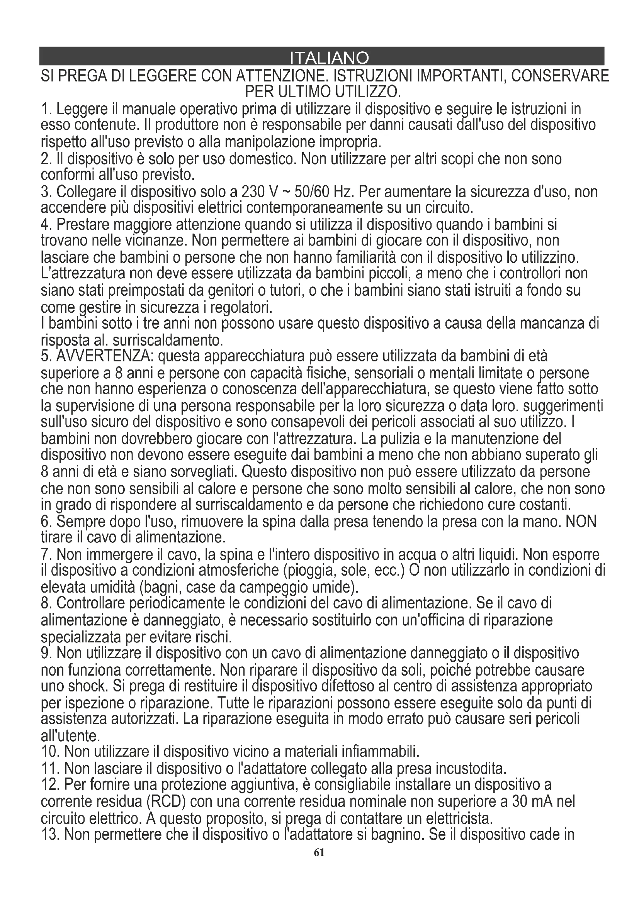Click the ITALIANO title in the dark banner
pyautogui.click(x=329, y=59)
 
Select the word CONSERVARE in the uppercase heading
pyautogui.click(x=555, y=75)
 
